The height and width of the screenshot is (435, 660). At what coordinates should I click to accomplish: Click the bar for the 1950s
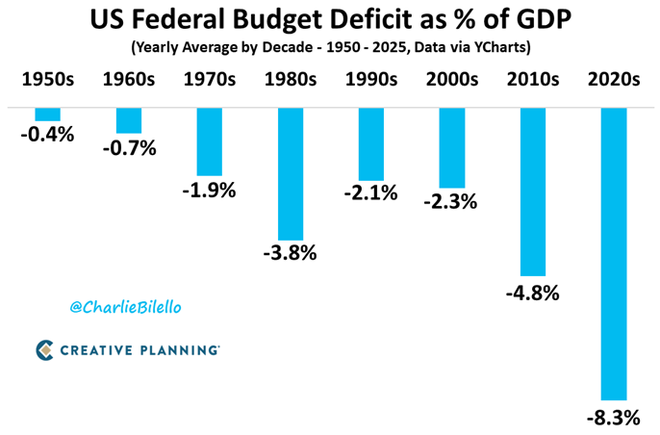47,115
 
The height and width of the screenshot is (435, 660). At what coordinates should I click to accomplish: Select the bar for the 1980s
290,173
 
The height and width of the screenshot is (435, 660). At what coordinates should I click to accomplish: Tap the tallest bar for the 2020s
614,253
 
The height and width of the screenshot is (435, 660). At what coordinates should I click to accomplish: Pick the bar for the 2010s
533,192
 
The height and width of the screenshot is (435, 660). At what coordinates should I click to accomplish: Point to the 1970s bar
209,141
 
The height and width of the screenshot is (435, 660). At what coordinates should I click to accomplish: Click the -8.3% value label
614,418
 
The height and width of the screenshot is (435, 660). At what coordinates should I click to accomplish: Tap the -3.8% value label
290,255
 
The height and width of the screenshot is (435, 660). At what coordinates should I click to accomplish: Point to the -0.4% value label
47,135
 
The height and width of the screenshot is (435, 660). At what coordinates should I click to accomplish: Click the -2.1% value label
370,192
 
